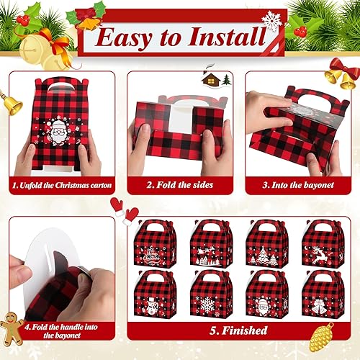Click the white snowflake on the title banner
(272, 20)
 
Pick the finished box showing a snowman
(155, 294)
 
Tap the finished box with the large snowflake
(210, 294)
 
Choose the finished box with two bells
(322, 294)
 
